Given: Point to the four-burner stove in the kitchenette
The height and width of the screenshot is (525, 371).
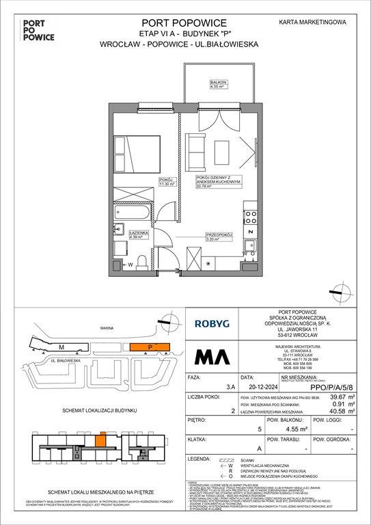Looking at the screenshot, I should click(x=250, y=217).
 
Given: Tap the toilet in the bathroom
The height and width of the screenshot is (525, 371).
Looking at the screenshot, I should click(x=141, y=263).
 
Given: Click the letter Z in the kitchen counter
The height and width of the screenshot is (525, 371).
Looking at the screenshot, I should click(x=250, y=232).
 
